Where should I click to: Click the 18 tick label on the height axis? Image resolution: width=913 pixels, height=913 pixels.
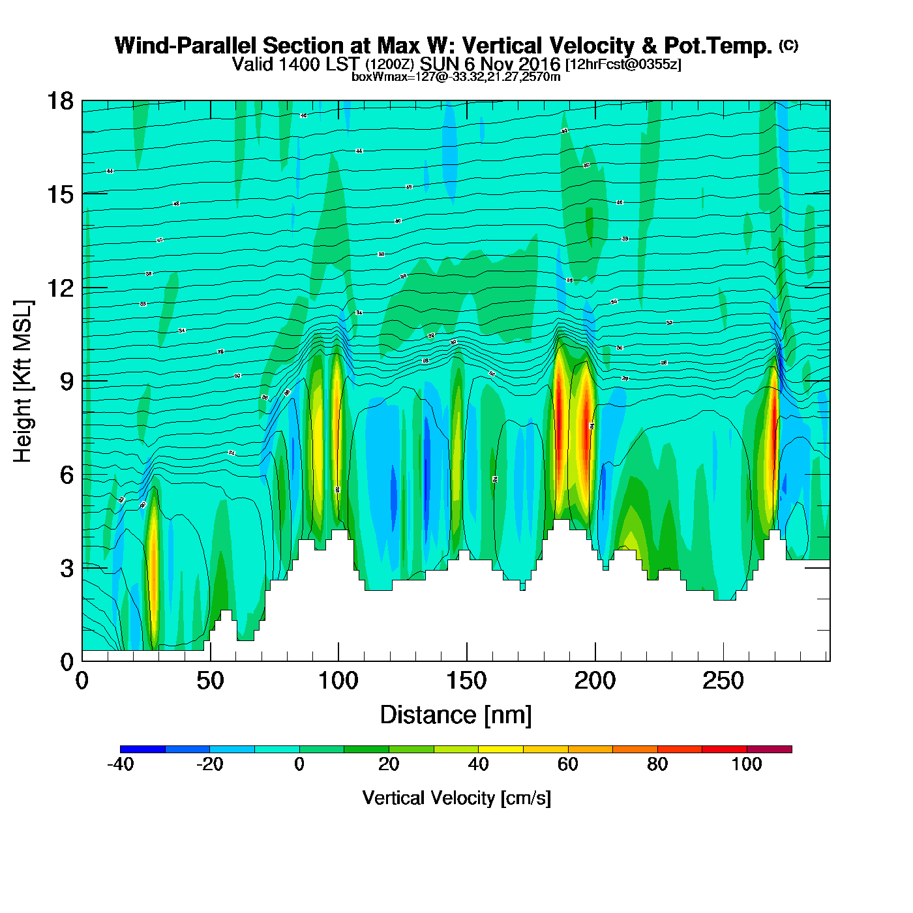[59, 101]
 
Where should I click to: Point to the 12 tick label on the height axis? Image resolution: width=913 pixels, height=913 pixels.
[59, 288]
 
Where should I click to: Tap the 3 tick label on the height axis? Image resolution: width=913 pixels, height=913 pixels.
[67, 568]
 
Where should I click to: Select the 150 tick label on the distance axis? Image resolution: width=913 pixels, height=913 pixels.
[466, 681]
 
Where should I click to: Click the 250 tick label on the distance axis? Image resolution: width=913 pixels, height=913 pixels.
[723, 681]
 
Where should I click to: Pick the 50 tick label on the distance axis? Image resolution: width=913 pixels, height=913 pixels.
[210, 681]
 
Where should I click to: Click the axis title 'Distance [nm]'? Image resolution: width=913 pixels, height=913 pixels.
[456, 715]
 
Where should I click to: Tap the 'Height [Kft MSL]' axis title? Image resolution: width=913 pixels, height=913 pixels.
[23, 382]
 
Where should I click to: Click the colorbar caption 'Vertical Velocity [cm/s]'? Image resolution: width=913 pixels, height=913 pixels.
[456, 798]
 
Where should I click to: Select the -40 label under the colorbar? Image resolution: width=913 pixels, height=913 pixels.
[121, 764]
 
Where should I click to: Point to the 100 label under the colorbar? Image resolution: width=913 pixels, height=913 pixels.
[747, 764]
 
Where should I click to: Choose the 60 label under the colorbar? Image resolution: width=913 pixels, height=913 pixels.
[568, 764]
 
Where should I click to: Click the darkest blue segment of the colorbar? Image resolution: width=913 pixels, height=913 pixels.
[143, 749]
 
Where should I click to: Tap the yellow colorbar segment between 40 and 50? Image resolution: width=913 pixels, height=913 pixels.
[500, 749]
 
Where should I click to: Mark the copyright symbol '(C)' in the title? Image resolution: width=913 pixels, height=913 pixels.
[788, 45]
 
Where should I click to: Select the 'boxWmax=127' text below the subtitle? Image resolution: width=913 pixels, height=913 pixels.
[385, 77]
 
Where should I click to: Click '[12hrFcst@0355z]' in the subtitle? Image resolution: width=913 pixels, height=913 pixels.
[623, 65]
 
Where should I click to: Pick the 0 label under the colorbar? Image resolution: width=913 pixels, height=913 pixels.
[299, 764]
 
